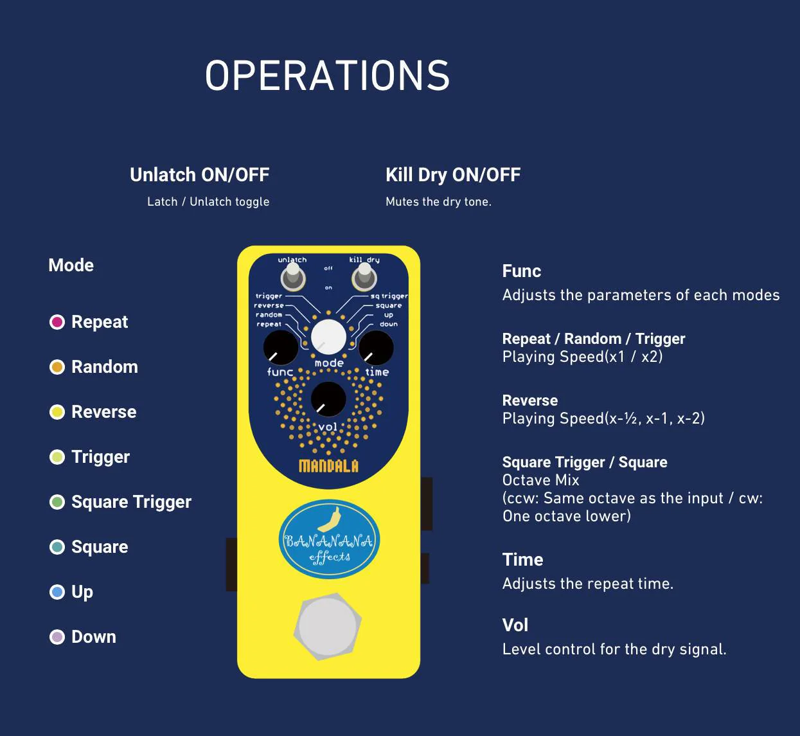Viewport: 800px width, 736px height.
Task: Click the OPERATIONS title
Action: [x=327, y=76]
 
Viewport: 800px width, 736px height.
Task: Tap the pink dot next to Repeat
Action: [x=57, y=322]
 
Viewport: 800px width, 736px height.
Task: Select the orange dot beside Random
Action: [x=57, y=367]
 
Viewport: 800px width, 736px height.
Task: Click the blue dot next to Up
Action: [x=57, y=592]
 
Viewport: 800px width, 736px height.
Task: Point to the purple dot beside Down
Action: [x=57, y=637]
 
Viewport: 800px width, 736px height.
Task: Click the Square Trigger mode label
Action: [x=131, y=502]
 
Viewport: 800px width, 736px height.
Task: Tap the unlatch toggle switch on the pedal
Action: [x=293, y=278]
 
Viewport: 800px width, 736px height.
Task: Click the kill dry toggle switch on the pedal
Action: [x=364, y=278]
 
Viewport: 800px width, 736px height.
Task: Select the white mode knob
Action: [x=328, y=336]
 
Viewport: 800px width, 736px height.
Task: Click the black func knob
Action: [x=281, y=348]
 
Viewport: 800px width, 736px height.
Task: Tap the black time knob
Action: [x=376, y=348]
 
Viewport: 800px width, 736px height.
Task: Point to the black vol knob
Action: [x=328, y=399]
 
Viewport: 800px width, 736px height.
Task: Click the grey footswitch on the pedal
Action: [x=328, y=627]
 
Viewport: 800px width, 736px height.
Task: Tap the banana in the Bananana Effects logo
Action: [x=331, y=519]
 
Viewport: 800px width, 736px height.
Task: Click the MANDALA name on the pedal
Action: [x=328, y=466]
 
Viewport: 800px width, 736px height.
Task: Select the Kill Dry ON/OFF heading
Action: [x=453, y=175]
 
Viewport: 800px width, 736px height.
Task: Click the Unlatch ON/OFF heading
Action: [x=199, y=175]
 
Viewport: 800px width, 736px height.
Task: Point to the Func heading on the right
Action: [x=521, y=271]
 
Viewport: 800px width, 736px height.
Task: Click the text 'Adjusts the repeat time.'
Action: [x=588, y=584]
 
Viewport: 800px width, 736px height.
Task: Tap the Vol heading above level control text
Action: [x=515, y=625]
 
